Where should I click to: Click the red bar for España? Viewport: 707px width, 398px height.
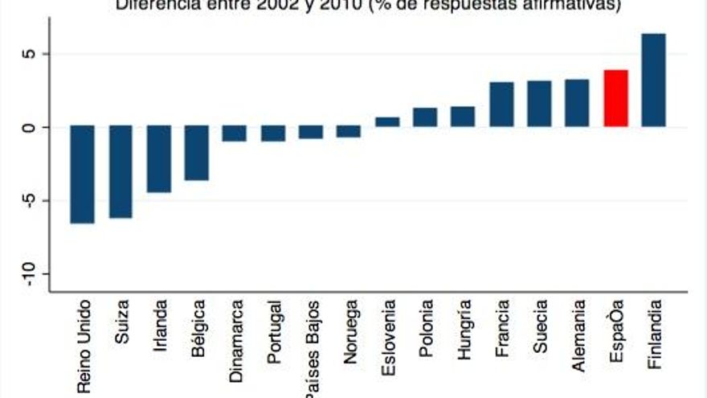point(615,98)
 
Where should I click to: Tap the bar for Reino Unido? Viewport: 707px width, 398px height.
point(82,174)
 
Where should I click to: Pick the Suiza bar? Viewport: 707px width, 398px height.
point(121,171)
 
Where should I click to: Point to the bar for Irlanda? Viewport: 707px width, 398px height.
point(158,158)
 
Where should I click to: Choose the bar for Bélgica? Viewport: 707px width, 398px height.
point(197,153)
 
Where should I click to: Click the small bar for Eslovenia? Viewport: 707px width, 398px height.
point(387,122)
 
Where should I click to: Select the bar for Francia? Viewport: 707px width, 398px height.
point(501,105)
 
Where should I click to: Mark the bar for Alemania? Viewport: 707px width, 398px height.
point(577,103)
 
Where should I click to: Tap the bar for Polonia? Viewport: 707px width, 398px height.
point(425,117)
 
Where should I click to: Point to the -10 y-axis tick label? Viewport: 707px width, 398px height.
point(33,274)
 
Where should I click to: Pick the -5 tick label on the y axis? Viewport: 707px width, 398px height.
point(33,201)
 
